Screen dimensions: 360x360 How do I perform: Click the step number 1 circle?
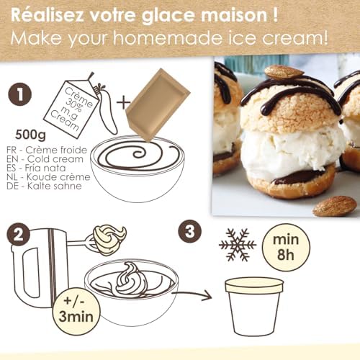tap(20, 94)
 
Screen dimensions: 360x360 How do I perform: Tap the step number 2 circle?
tap(19, 234)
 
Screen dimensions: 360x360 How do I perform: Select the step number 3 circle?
tap(190, 232)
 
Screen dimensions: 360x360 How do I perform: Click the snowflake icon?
tap(238, 245)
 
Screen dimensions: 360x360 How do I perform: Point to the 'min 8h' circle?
tap(286, 247)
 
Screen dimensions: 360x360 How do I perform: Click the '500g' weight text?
tap(30, 135)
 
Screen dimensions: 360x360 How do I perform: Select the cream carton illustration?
tap(72, 105)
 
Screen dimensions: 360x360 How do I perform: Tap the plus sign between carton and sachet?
tap(124, 102)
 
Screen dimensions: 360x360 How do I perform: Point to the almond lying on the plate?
tap(335, 206)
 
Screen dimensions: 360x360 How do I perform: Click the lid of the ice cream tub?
tap(254, 285)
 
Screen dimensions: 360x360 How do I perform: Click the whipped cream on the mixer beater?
tap(109, 240)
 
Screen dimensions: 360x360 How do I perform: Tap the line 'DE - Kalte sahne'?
tap(44, 186)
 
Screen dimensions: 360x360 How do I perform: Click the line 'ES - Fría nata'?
tap(36, 168)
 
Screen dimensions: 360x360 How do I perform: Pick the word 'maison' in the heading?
tap(234, 15)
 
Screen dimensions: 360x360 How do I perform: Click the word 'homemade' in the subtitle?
tap(167, 37)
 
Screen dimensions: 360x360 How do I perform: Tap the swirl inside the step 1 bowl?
tap(137, 156)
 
